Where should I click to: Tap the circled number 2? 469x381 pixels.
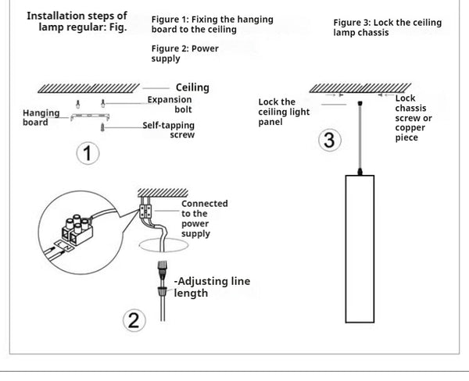pyautogui.click(x=134, y=320)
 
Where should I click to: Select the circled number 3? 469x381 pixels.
pyautogui.click(x=330, y=141)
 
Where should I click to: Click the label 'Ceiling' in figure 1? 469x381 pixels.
pyautogui.click(x=192, y=88)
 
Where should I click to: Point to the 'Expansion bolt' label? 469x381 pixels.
pyautogui.click(x=170, y=105)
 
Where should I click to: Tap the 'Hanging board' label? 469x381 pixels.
pyautogui.click(x=41, y=117)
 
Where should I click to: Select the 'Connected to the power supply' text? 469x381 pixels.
pyautogui.click(x=204, y=219)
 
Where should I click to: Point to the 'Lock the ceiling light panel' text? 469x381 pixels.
pyautogui.click(x=283, y=112)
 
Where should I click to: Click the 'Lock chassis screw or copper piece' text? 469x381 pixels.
pyautogui.click(x=412, y=118)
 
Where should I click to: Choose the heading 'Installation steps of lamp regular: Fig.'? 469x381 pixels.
pyautogui.click(x=77, y=20)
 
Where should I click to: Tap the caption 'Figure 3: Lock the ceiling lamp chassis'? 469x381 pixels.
pyautogui.click(x=387, y=28)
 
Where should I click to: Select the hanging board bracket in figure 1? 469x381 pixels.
pyautogui.click(x=87, y=116)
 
